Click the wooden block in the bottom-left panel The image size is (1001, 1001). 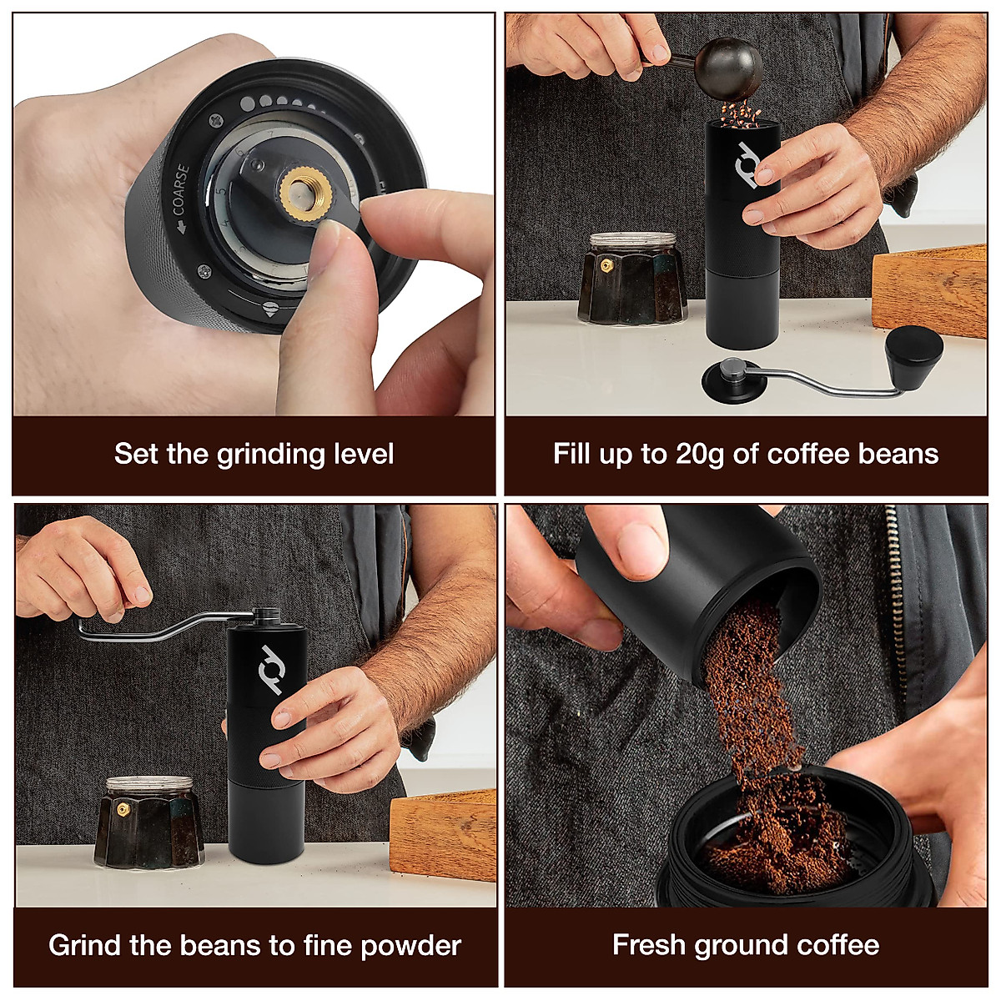click(x=444, y=833)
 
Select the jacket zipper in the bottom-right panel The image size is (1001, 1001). click(x=898, y=601)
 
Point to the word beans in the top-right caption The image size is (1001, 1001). click(x=898, y=455)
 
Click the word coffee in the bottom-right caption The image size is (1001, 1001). click(x=837, y=945)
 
